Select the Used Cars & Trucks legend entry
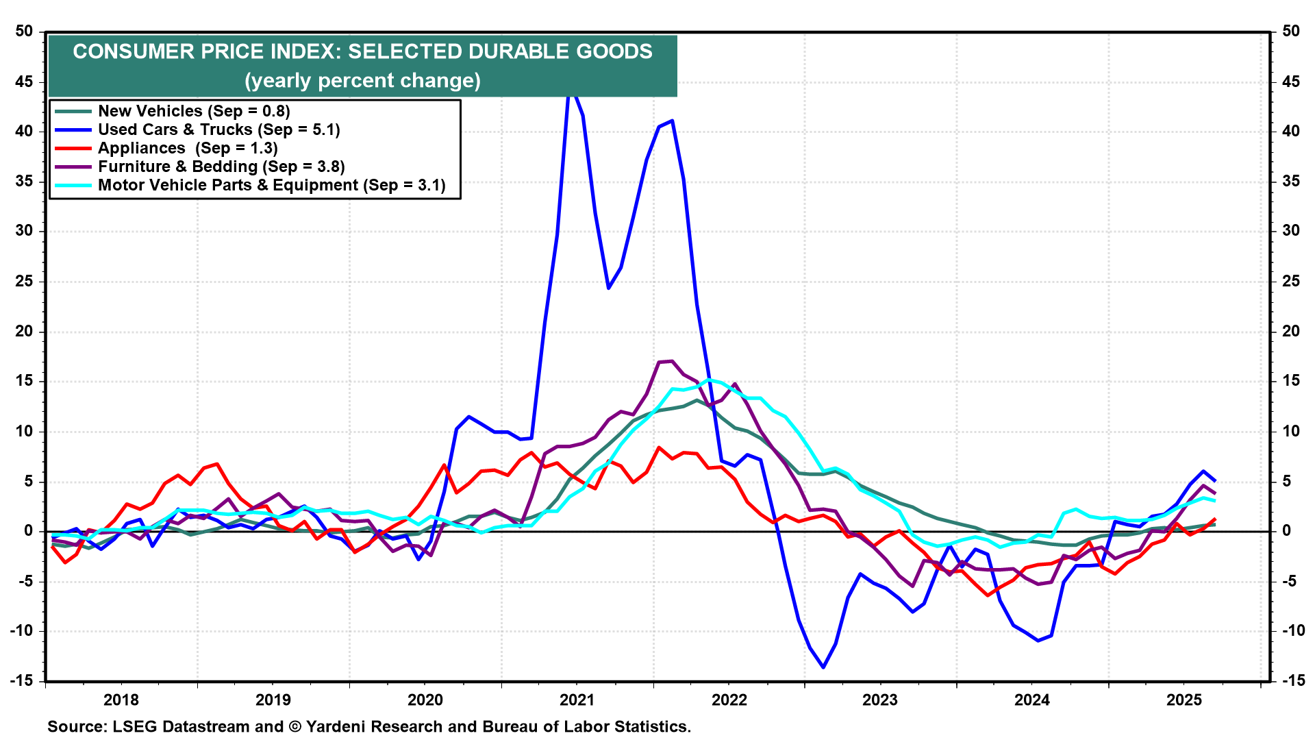pyautogui.click(x=218, y=129)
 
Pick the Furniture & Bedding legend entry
pyautogui.click(x=221, y=166)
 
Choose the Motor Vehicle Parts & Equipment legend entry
pyautogui.click(x=271, y=185)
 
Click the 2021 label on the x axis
pyautogui.click(x=577, y=700)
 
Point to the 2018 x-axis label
pyautogui.click(x=121, y=700)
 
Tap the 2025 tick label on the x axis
pyautogui.click(x=1184, y=700)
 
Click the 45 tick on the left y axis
pyautogui.click(x=25, y=82)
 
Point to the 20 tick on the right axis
pyautogui.click(x=1290, y=332)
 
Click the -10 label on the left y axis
pyautogui.click(x=22, y=631)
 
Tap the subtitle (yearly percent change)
pyautogui.click(x=362, y=81)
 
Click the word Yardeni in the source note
pyautogui.click(x=340, y=726)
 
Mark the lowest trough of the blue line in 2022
pyautogui.click(x=823, y=667)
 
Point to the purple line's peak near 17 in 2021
pyautogui.click(x=672, y=361)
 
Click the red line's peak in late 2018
pyautogui.click(x=217, y=465)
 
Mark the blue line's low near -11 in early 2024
pyautogui.click(x=1038, y=641)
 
